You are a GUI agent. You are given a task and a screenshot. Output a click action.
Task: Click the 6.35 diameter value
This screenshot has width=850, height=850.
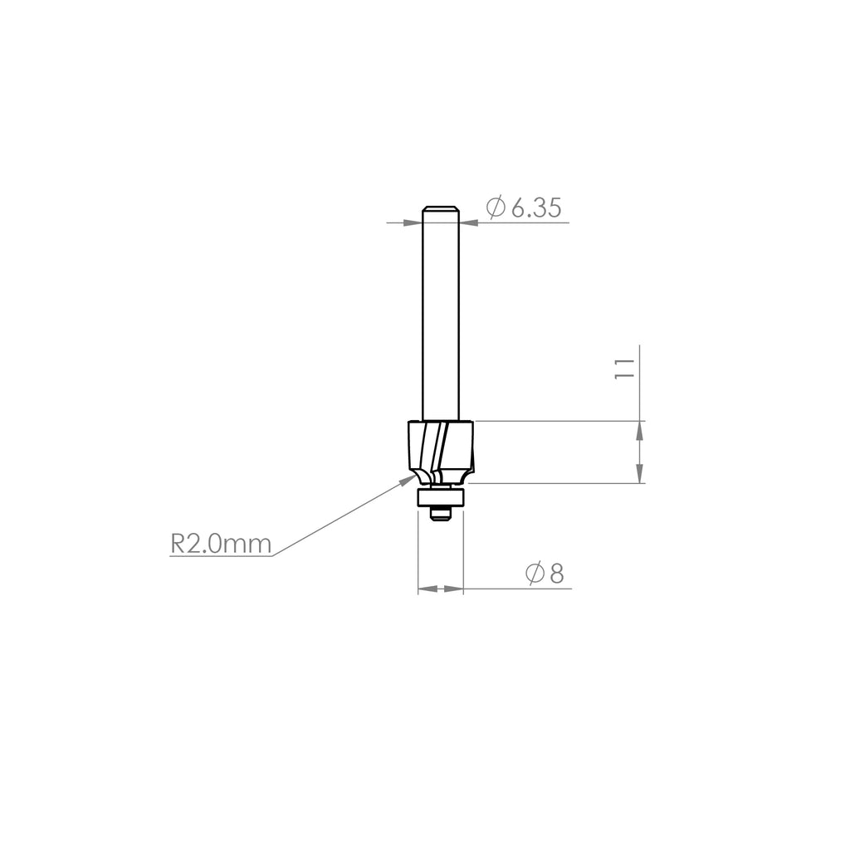[x=535, y=208]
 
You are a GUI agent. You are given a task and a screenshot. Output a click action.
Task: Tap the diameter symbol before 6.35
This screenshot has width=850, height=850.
[x=496, y=208]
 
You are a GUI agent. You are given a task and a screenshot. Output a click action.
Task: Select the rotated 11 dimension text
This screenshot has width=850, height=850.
[x=624, y=369]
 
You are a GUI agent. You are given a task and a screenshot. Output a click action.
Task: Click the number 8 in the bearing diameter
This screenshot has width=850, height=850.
[x=556, y=573]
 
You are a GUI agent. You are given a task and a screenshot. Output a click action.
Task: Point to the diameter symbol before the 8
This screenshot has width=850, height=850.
[x=535, y=573]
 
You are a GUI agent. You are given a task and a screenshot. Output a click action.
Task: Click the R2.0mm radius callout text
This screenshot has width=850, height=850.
[x=221, y=544]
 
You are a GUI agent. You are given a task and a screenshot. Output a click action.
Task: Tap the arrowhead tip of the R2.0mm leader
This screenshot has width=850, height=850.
[x=415, y=477]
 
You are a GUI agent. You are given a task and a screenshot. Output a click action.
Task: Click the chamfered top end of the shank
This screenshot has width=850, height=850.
[x=441, y=208]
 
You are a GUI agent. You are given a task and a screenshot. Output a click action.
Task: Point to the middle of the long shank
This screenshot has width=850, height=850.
[x=441, y=315]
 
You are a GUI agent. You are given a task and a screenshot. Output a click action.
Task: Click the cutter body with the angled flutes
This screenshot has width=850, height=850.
[x=441, y=448]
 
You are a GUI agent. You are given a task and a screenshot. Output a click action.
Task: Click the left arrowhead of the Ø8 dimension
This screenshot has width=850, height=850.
[x=427, y=589]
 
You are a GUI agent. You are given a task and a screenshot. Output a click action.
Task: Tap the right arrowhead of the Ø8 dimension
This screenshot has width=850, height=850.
[x=454, y=589]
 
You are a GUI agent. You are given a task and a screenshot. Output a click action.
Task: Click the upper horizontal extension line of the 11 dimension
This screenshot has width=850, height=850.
[x=556, y=421]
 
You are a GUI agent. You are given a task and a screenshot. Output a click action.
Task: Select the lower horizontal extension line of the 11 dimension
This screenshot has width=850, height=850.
[x=556, y=484]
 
